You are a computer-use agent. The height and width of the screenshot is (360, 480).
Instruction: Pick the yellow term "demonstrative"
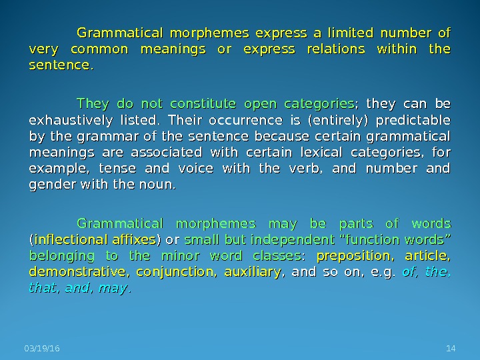click(x=79, y=271)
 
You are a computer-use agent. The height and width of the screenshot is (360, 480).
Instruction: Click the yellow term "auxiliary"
click(x=252, y=271)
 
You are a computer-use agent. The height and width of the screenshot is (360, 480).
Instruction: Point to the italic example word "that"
click(x=41, y=288)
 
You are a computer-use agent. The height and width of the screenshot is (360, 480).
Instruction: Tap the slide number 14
click(x=449, y=348)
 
